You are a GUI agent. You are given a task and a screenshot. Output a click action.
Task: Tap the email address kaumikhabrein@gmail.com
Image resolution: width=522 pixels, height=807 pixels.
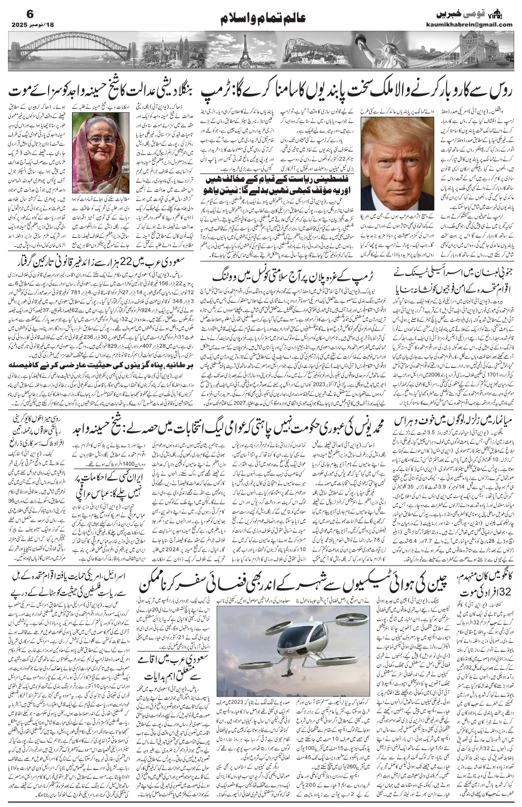[x=475, y=25]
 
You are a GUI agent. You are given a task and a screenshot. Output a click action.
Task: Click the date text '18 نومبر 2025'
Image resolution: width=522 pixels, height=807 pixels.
[x=31, y=25]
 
